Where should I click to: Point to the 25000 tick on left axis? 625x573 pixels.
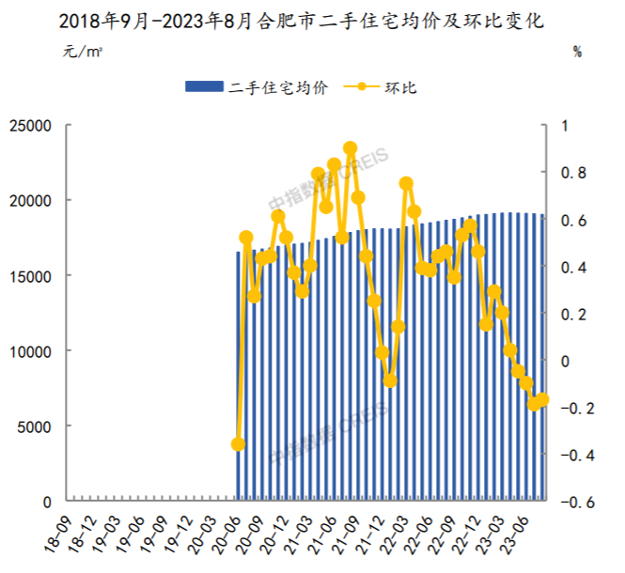(x=31, y=125)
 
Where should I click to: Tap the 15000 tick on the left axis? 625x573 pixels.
(x=31, y=275)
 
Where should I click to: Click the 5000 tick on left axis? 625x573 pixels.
(x=36, y=426)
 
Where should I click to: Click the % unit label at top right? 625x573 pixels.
(x=577, y=52)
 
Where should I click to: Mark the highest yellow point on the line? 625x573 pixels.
(x=350, y=148)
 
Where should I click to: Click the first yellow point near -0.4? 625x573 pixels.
(x=238, y=443)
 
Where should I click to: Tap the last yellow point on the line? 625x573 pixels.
(x=542, y=399)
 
